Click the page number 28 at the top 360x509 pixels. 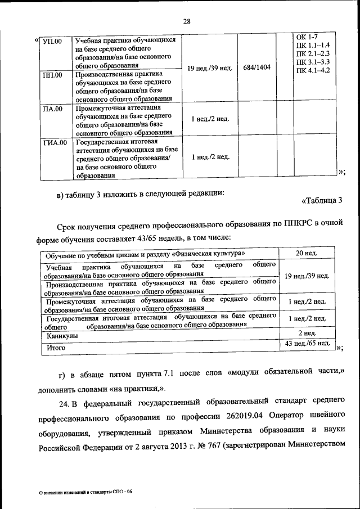(187, 21)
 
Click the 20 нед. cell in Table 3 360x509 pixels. (307, 253)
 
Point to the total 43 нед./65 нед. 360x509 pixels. (307, 343)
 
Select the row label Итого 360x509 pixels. (56, 348)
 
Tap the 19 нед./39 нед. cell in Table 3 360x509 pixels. (307, 276)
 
